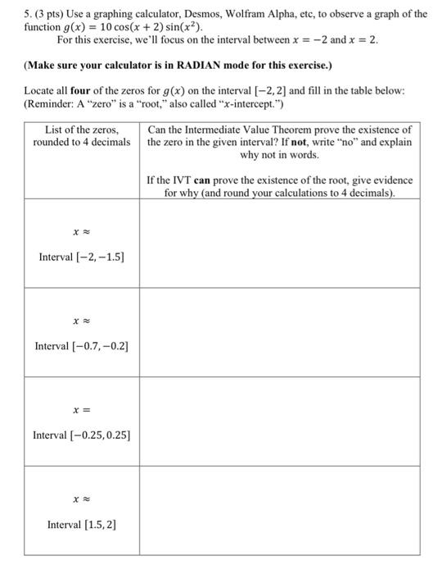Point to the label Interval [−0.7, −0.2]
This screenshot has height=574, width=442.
[x=82, y=346]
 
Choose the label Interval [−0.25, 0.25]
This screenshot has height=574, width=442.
[x=82, y=435]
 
